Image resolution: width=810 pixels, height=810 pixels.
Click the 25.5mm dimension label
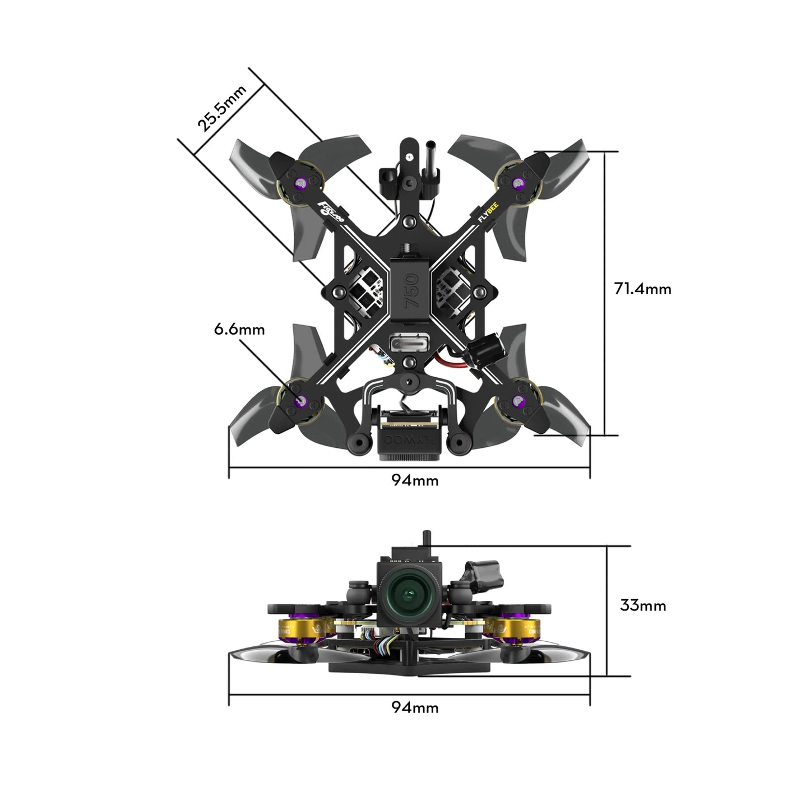(222, 109)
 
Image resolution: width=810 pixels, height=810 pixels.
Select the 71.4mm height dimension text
(642, 289)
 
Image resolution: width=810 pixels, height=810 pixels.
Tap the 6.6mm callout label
(239, 329)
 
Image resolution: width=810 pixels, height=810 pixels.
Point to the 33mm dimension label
(643, 605)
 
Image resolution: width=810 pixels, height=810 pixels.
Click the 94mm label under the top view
(415, 480)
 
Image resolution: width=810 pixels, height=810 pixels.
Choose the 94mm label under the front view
(415, 707)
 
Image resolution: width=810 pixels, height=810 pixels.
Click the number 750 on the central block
(412, 290)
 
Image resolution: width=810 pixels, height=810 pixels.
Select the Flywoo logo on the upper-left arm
(333, 212)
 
